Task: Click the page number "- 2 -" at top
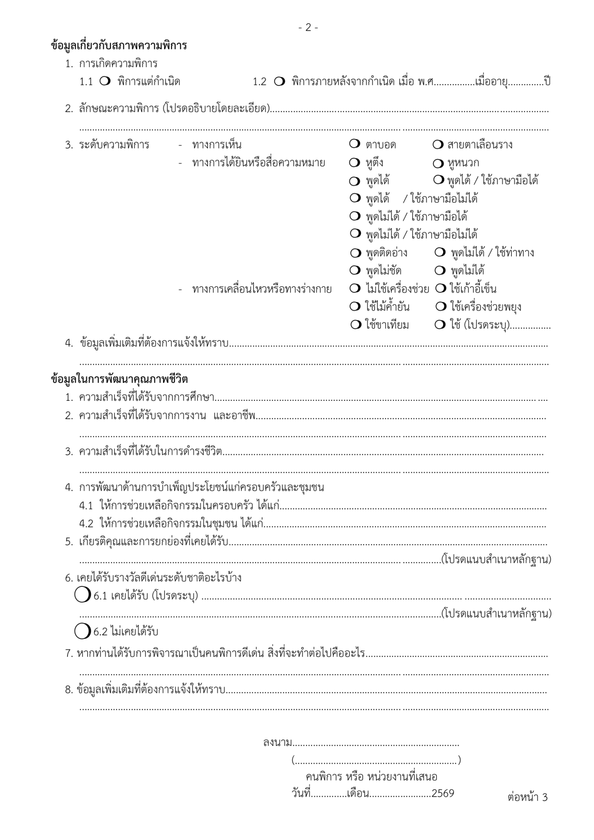(x=308, y=28)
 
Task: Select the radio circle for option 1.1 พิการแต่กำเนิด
(x=104, y=81)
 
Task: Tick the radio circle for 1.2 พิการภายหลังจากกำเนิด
(x=280, y=81)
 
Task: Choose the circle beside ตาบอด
(x=355, y=144)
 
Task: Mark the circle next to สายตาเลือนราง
(x=437, y=145)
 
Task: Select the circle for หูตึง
(x=355, y=163)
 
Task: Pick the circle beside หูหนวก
(x=438, y=163)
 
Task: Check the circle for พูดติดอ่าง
(x=355, y=253)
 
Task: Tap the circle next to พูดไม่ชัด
(x=355, y=271)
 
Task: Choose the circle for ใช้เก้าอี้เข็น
(x=440, y=288)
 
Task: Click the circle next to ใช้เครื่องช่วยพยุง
(x=440, y=306)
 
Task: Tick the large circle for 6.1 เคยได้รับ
(x=83, y=595)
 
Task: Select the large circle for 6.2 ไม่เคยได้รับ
(x=83, y=631)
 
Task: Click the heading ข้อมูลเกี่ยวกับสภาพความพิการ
(x=119, y=46)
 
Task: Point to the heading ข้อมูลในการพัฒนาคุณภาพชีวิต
(x=119, y=379)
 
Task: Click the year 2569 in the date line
(x=443, y=793)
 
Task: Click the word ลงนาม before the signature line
(x=277, y=743)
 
